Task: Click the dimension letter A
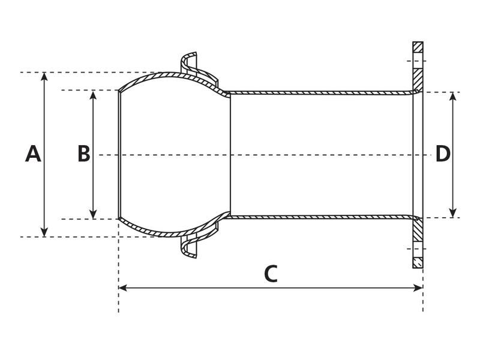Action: [x=33, y=154]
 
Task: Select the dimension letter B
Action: [x=84, y=154]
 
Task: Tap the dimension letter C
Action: [x=271, y=274]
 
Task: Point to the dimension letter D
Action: [x=443, y=154]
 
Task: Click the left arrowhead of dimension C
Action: [x=122, y=288]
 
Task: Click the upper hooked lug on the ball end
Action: [x=190, y=59]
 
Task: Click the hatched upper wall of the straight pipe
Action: [x=318, y=93]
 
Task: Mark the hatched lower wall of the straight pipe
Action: [x=318, y=217]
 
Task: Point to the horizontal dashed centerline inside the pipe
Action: [x=270, y=155]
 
